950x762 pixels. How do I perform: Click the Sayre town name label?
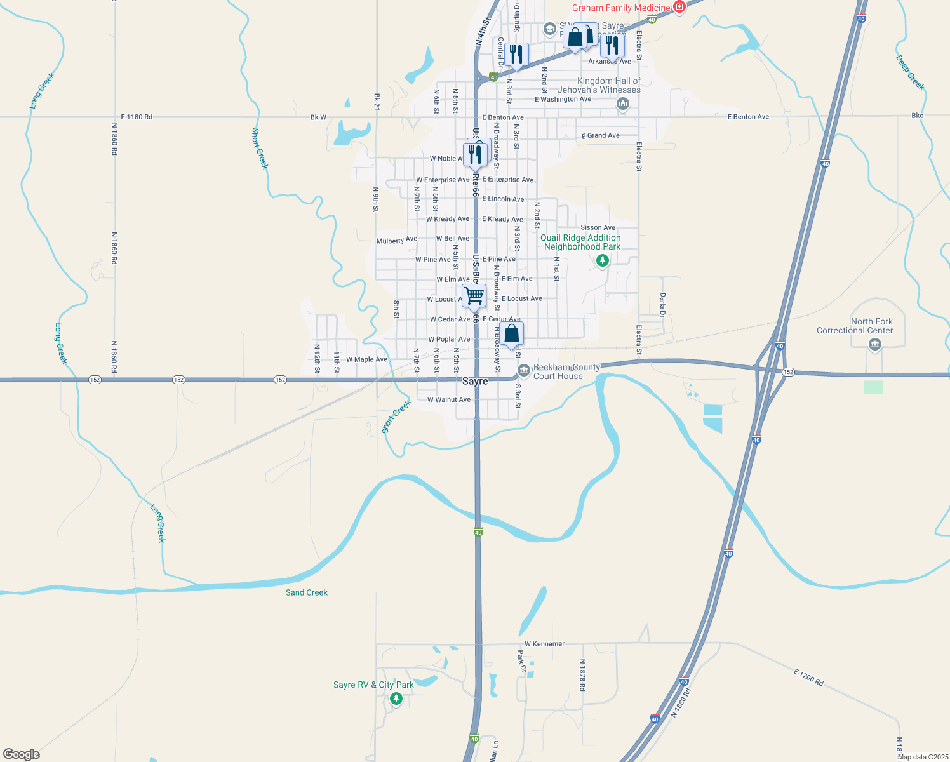tap(475, 381)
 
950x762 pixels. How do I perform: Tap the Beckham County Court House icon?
tap(524, 370)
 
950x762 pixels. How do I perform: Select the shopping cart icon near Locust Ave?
tap(474, 295)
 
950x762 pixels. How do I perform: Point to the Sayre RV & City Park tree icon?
tap(396, 698)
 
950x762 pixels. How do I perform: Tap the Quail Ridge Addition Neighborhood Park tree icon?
tap(602, 260)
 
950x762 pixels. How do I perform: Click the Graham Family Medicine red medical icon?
tap(679, 8)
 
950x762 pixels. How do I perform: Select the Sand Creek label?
tap(307, 592)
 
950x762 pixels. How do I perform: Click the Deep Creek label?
tap(909, 72)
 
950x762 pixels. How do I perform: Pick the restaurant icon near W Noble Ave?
tap(475, 154)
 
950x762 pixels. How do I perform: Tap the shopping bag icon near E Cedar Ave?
tap(512, 333)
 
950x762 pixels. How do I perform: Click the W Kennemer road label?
tap(544, 644)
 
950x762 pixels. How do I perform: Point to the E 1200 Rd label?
tap(808, 677)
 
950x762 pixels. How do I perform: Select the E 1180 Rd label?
tap(137, 117)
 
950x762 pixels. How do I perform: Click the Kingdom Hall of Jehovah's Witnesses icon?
tap(622, 104)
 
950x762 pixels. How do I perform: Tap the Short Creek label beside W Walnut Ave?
tap(396, 417)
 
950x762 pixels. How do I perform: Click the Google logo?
tap(21, 754)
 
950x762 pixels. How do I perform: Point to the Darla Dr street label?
tap(662, 305)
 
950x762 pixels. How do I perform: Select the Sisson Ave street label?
tap(598, 227)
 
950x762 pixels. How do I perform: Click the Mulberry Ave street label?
tap(397, 240)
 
